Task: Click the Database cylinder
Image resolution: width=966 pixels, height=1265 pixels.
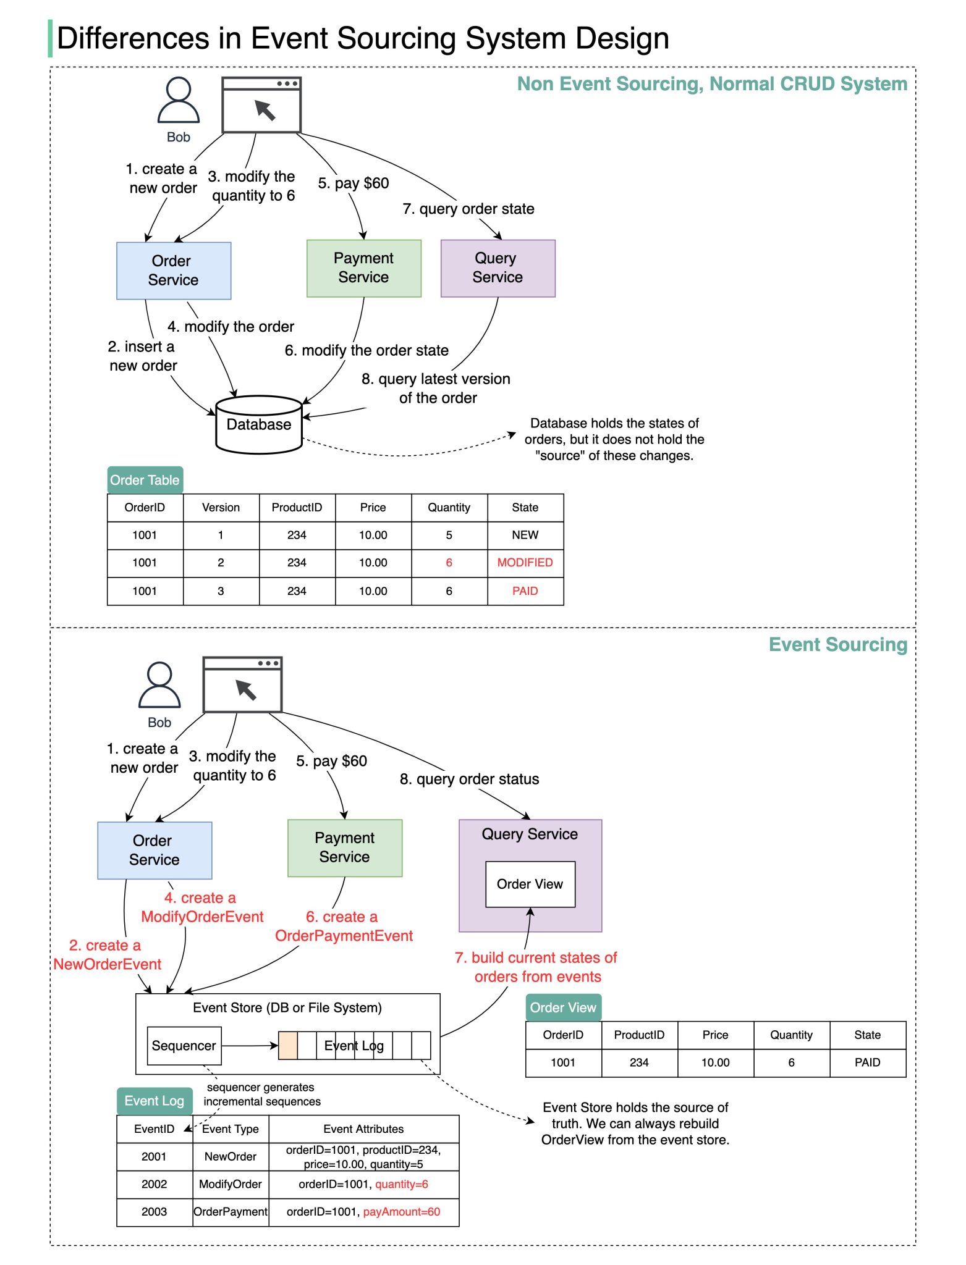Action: [x=258, y=425]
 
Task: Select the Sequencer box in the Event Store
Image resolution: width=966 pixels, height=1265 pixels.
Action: [x=184, y=1045]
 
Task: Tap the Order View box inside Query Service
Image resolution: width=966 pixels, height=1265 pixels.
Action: [x=530, y=884]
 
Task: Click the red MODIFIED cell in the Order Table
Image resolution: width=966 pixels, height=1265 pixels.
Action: [x=525, y=563]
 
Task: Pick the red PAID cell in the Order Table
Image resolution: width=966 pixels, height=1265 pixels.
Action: [x=525, y=591]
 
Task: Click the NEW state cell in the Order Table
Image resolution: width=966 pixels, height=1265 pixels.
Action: [x=525, y=535]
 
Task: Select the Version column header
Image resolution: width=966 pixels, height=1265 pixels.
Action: [x=221, y=507]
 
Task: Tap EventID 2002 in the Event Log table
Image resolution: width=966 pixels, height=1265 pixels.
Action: [x=154, y=1184]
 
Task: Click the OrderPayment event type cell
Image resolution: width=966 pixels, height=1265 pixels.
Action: [x=231, y=1212]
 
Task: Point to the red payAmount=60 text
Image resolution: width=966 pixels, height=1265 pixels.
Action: [x=401, y=1212]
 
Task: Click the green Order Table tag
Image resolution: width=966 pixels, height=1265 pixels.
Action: [x=145, y=480]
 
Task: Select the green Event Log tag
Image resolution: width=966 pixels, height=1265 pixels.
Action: [x=154, y=1101]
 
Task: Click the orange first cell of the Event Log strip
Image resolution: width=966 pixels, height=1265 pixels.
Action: [x=287, y=1046]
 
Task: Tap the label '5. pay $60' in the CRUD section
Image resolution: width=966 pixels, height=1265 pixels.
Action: [x=353, y=183]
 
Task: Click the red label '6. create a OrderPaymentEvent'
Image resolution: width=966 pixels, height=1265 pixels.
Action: [x=344, y=927]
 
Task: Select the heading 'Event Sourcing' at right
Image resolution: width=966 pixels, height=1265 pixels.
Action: [x=837, y=644]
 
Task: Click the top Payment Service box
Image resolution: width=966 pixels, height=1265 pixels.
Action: [x=363, y=268]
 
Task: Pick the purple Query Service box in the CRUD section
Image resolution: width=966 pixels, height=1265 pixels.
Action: [x=498, y=268]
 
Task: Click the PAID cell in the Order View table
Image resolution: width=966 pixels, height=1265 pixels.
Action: [x=867, y=1062]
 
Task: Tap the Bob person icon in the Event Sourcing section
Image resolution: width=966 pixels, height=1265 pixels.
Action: [x=159, y=686]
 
